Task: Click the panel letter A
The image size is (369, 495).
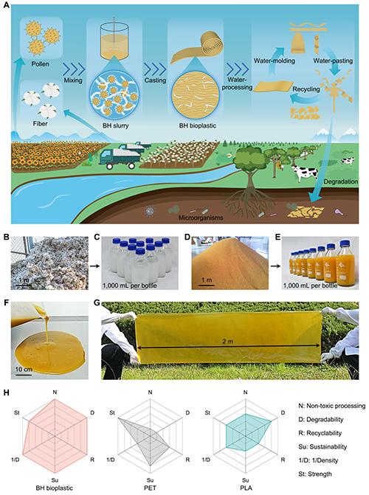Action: point(6,7)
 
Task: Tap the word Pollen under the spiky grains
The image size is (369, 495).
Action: point(40,63)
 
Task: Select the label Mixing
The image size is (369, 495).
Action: point(73,80)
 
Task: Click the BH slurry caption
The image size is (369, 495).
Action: point(116,125)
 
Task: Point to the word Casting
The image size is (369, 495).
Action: point(155,80)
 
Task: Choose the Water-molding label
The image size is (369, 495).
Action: point(275,60)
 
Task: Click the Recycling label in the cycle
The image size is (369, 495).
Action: point(306,89)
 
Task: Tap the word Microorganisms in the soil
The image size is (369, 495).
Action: point(201,218)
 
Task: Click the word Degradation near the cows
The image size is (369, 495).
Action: point(340,181)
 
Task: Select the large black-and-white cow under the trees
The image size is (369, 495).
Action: point(305,173)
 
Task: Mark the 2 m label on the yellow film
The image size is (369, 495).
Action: point(228,342)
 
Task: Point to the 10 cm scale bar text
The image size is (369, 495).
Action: point(24,370)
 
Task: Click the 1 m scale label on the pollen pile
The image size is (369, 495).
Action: point(207,280)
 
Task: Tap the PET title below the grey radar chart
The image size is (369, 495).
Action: point(150,488)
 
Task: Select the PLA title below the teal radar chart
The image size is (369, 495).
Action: point(246,488)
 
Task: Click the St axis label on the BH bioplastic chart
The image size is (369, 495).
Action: point(17,412)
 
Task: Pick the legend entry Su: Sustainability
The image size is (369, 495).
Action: point(323,447)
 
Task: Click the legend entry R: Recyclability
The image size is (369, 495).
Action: point(320,433)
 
